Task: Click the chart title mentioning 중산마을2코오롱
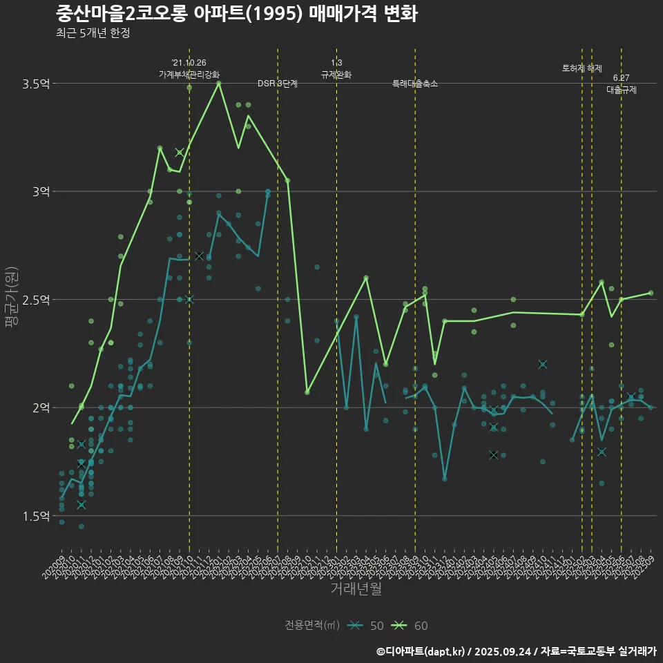(x=236, y=14)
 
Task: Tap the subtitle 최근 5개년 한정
(x=93, y=32)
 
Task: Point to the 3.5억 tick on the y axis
(x=36, y=84)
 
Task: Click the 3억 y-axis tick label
(x=41, y=191)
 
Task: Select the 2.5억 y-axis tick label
(x=36, y=300)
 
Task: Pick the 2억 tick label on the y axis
(x=41, y=407)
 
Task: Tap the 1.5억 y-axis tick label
(x=36, y=516)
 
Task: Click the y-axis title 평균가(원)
(x=12, y=299)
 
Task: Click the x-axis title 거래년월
(x=356, y=589)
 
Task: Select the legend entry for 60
(x=413, y=626)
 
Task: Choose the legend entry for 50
(x=368, y=626)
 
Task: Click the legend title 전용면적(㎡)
(x=312, y=626)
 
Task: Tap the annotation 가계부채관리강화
(x=189, y=74)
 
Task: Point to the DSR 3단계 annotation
(x=278, y=84)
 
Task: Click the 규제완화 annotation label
(x=336, y=74)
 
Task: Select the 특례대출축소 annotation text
(x=415, y=84)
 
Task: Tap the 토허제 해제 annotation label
(x=582, y=68)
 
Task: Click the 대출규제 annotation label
(x=622, y=90)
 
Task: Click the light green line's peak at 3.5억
(x=219, y=83)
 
